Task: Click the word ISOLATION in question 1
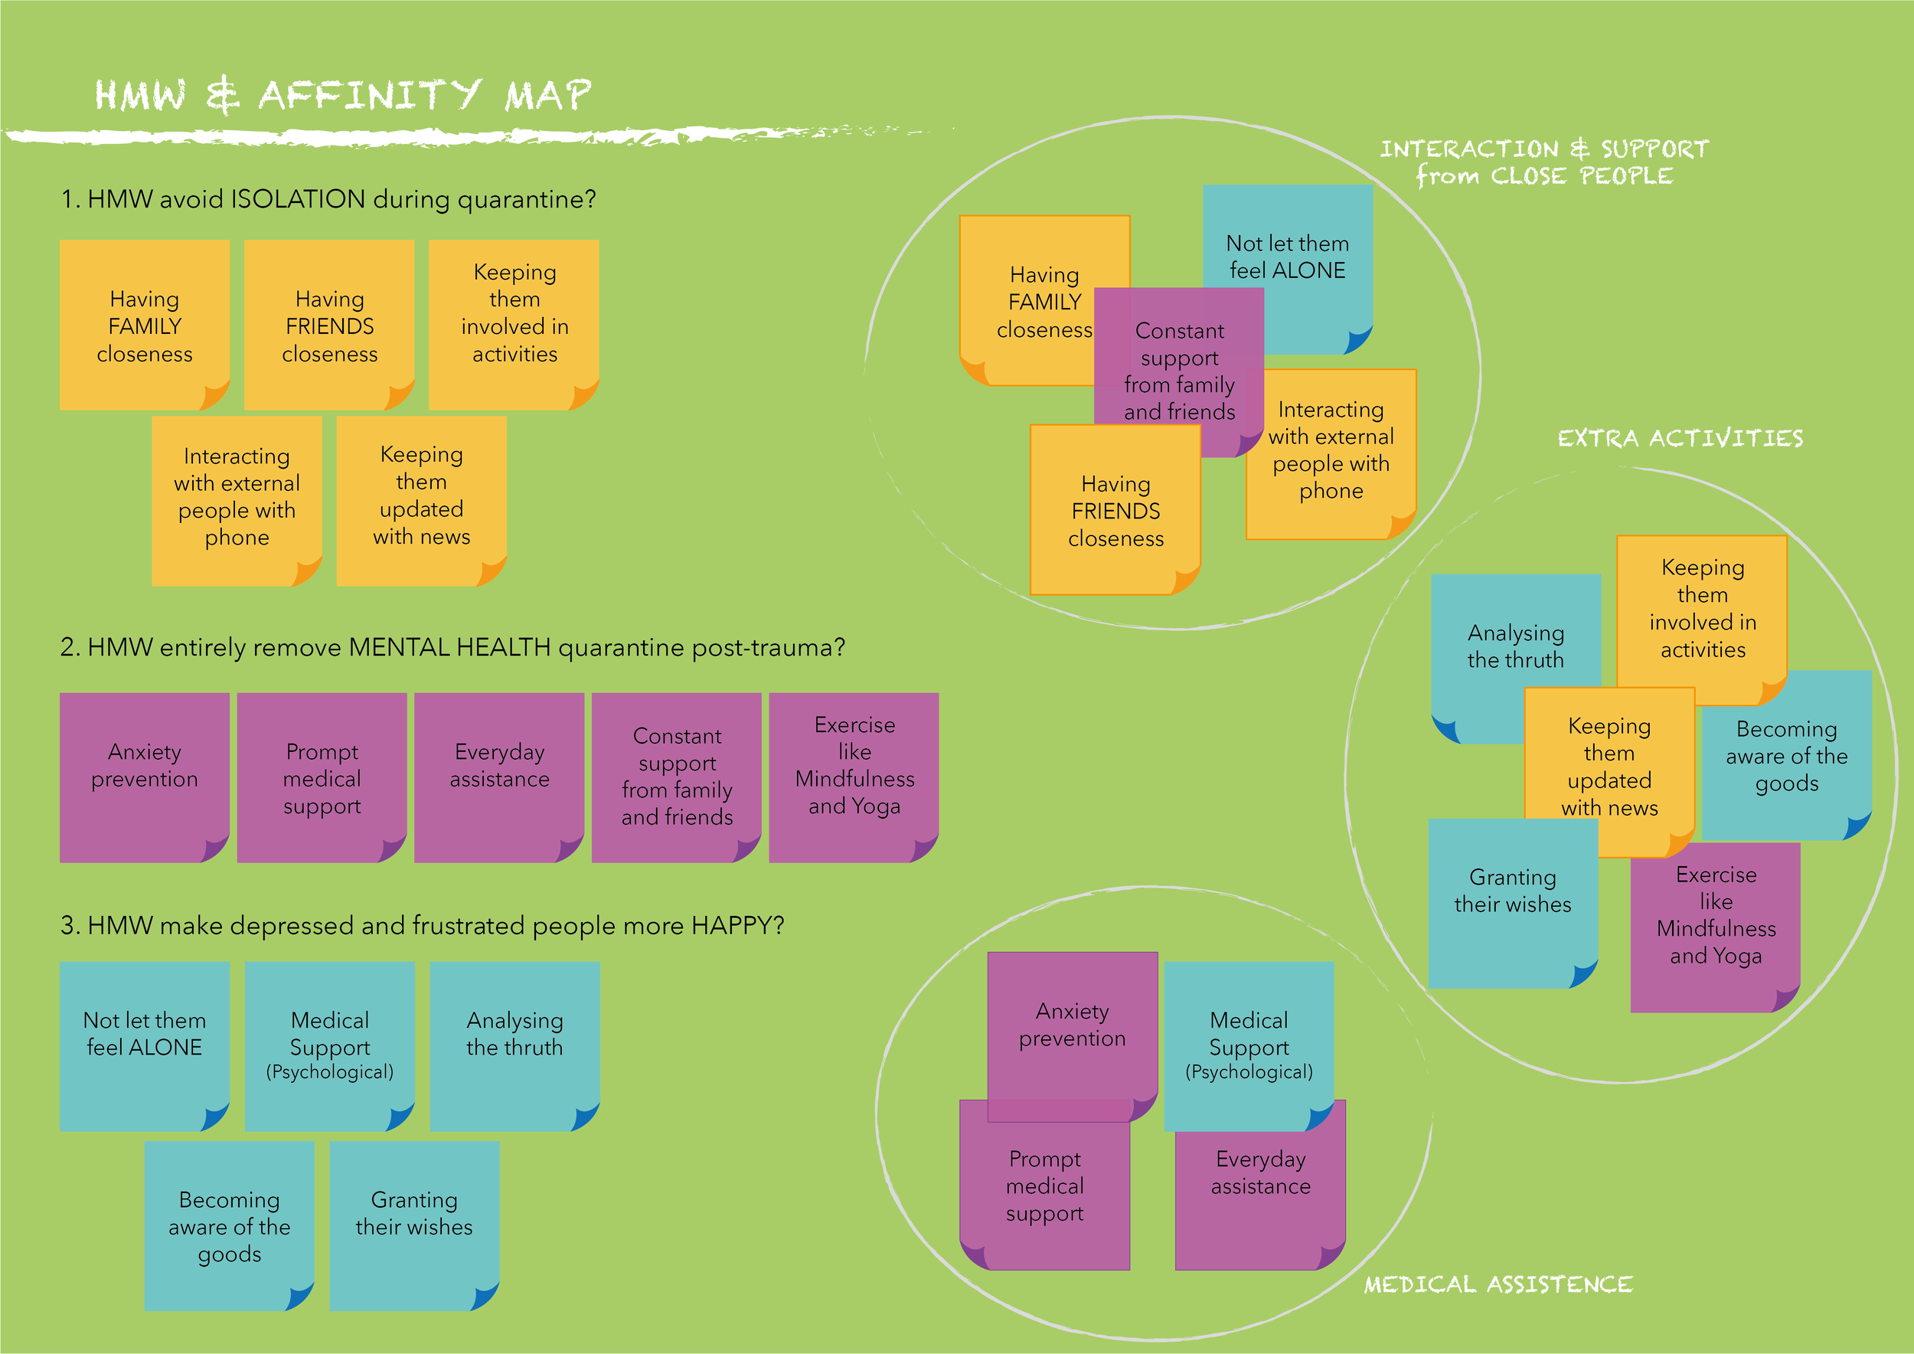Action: pos(298,199)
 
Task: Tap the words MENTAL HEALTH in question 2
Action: pos(449,647)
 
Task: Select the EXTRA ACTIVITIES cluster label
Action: pos(1680,439)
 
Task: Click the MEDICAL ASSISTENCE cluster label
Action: pos(1498,1285)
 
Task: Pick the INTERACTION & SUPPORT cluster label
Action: pos(1544,162)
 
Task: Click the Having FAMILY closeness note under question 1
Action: pos(144,325)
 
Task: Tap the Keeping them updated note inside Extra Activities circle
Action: pos(1609,767)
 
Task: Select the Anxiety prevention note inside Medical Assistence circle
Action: pos(1072,1025)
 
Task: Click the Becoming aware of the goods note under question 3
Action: pos(229,1225)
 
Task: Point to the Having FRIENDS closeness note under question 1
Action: pos(329,325)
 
